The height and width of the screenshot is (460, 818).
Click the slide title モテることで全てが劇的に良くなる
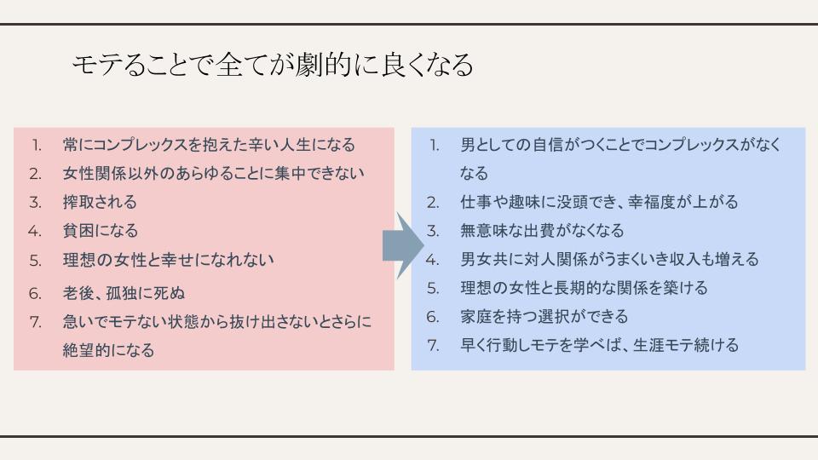tap(273, 66)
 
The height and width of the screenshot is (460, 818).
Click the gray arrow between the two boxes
tap(403, 245)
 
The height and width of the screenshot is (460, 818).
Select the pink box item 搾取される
tap(100, 202)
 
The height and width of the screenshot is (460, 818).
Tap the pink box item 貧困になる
tap(101, 231)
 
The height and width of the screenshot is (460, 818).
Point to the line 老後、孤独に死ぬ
tap(124, 293)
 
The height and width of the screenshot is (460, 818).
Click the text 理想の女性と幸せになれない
tap(168, 260)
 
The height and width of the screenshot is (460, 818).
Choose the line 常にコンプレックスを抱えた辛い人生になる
tap(209, 145)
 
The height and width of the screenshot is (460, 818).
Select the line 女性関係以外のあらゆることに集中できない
tap(213, 173)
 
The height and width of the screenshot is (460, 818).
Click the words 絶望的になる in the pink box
tap(108, 350)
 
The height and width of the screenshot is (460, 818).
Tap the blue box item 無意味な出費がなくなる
tap(542, 231)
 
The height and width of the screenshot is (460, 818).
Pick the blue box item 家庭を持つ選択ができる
tap(544, 317)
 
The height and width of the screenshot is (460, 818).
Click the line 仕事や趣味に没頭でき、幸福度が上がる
tap(599, 202)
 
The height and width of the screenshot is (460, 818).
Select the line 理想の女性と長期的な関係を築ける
tap(584, 288)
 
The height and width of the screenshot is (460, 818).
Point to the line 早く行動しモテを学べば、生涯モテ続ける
tap(599, 345)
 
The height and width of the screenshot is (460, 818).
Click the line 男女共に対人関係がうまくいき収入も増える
tap(609, 259)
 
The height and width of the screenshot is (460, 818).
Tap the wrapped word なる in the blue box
tap(474, 173)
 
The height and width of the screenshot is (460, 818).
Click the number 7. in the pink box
tap(36, 322)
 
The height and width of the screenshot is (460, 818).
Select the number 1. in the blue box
tap(434, 145)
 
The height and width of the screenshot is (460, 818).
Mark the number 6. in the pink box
tap(35, 294)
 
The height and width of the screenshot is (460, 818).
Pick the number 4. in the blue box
tap(432, 260)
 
